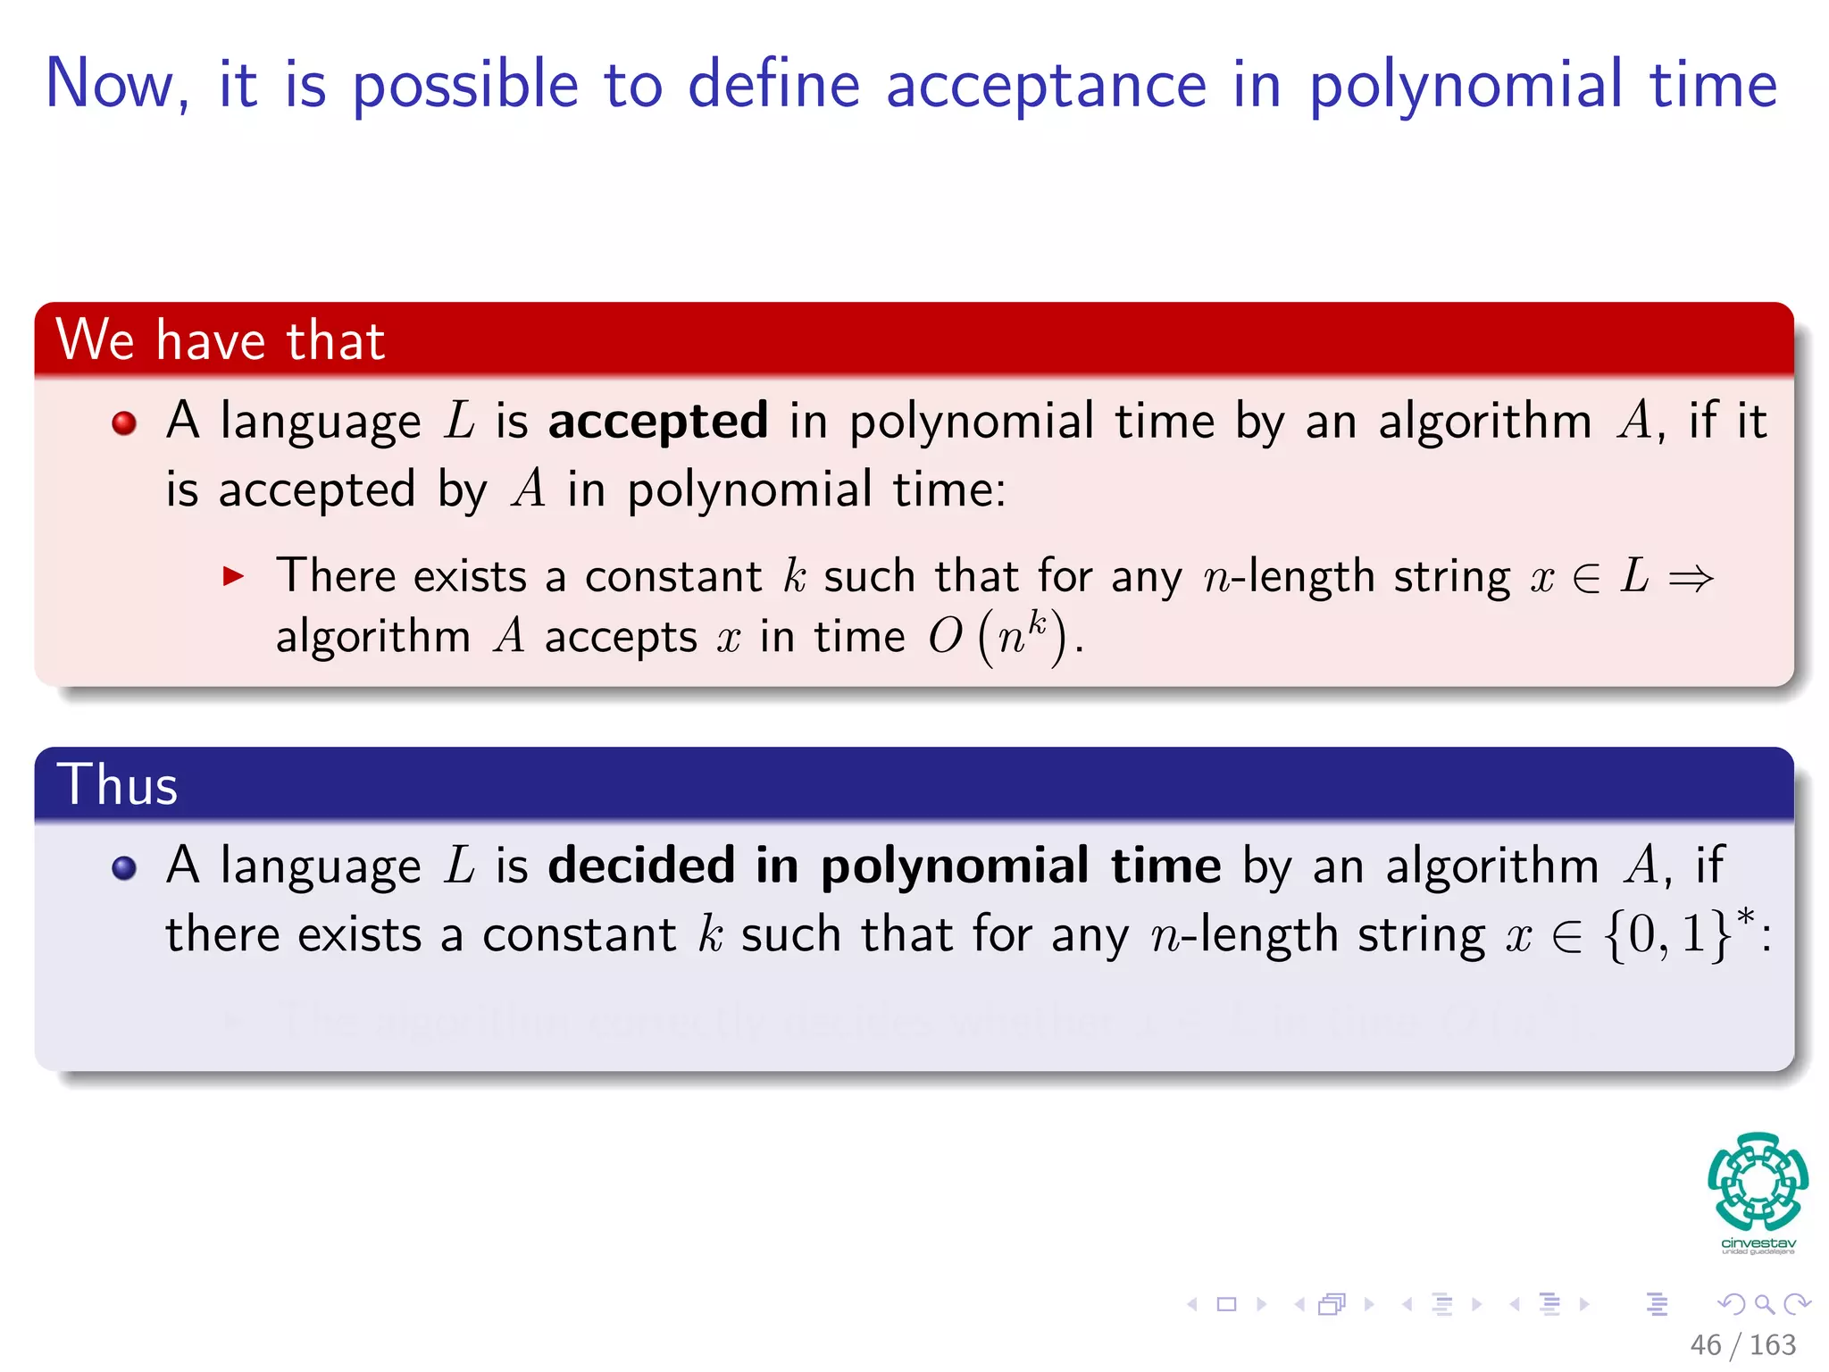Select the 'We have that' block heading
click(x=221, y=340)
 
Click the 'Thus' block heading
click(x=118, y=785)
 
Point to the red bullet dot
click(x=124, y=422)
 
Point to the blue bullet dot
click(x=124, y=867)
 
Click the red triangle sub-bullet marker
click(x=233, y=576)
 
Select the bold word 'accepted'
click(x=658, y=422)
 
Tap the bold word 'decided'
click(x=641, y=866)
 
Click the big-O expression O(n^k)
click(x=997, y=637)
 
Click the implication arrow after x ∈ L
click(x=1691, y=578)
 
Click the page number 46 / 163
click(x=1742, y=1344)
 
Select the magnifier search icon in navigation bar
click(x=1764, y=1304)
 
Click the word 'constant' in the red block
click(x=673, y=576)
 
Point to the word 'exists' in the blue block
click(x=359, y=935)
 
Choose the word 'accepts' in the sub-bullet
click(x=621, y=638)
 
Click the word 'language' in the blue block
click(x=321, y=867)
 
